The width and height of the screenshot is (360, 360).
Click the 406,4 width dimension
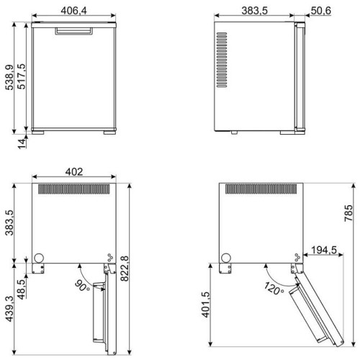pos(73,11)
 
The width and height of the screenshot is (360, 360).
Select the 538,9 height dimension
pos(9,78)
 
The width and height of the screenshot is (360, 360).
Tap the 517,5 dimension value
pos(21,76)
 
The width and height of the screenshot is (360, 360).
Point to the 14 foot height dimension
pos(22,143)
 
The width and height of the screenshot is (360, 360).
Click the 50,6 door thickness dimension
pos(321,11)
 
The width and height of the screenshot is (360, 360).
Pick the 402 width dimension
pos(74,172)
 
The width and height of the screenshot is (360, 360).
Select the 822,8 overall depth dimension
pos(125,269)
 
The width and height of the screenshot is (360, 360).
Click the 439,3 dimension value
pos(9,309)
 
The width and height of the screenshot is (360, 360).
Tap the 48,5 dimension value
pos(22,289)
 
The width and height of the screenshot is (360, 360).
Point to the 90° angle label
pos(82,286)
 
